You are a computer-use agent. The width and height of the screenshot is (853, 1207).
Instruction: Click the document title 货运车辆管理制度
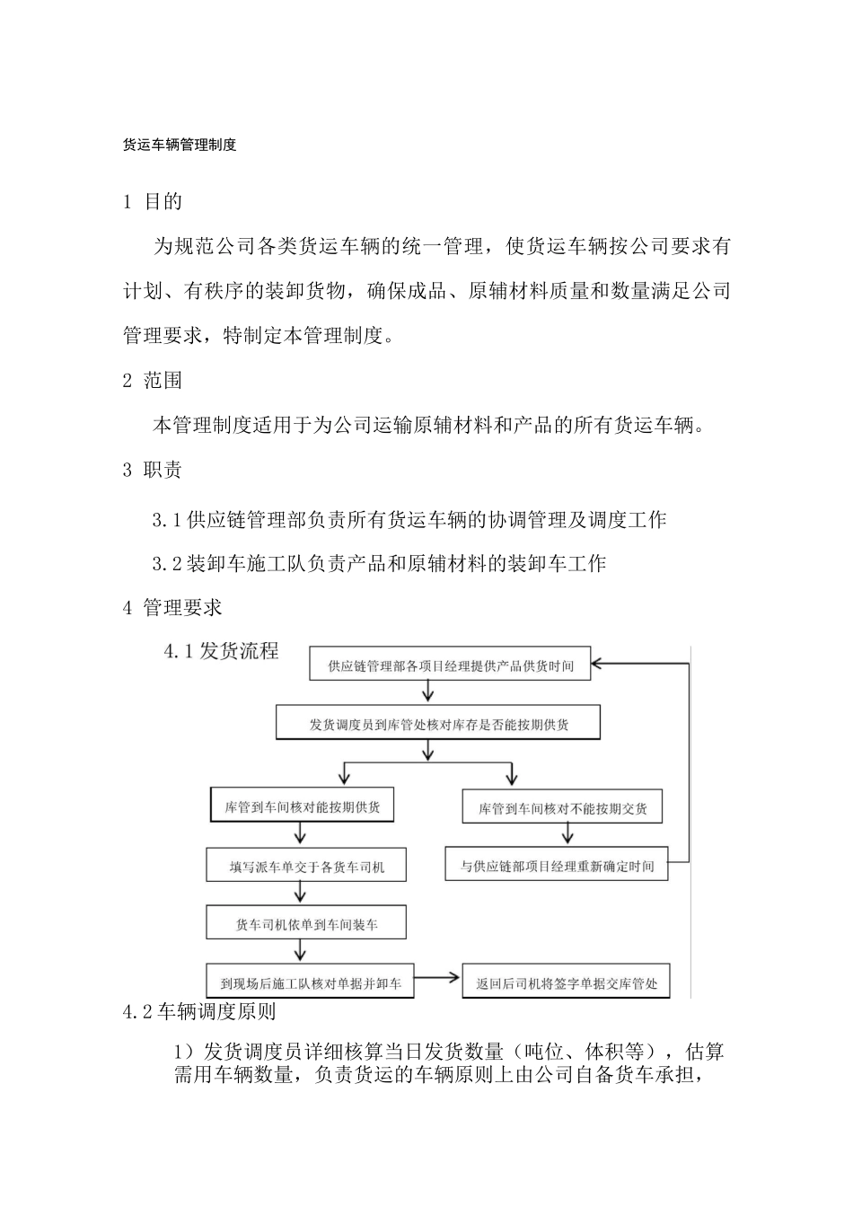coord(180,144)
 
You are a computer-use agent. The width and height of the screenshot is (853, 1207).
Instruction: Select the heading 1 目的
coord(153,202)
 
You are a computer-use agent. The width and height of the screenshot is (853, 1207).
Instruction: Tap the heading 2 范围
coord(153,381)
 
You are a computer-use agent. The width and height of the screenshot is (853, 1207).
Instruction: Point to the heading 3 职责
coord(153,470)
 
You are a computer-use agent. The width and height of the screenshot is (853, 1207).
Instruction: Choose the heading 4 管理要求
coord(172,608)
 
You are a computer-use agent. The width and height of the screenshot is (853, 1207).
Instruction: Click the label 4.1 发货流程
coord(222,651)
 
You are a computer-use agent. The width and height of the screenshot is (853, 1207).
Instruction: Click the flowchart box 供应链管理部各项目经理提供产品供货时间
coord(450,665)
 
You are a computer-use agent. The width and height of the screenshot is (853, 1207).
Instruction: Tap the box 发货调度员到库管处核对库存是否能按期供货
coord(438,724)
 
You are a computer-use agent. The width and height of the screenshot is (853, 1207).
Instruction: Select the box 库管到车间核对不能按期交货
coord(557,808)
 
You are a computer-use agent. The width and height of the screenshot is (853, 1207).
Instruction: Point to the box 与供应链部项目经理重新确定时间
coord(557,867)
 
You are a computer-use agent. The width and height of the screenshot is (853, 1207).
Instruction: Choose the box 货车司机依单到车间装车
coord(306,924)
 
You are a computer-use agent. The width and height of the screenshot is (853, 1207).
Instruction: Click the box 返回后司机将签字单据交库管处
coord(566,983)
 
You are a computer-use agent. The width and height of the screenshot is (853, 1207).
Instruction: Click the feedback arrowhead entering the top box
coord(600,665)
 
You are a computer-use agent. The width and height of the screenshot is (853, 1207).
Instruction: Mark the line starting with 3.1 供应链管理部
coord(409,519)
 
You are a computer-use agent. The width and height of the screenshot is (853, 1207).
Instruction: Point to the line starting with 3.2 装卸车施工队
coord(379,564)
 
